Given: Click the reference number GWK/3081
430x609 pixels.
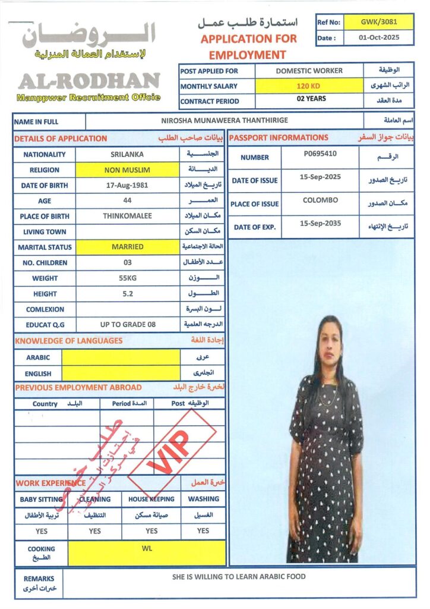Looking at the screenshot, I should point(379,22).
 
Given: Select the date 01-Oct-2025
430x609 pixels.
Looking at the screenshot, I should point(379,37).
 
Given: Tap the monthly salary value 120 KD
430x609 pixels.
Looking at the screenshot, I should point(308,86).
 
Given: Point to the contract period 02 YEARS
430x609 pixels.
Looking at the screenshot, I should point(308,99).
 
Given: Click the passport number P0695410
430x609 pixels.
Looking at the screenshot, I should point(320,153).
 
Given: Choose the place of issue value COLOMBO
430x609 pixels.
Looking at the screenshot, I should point(320,200).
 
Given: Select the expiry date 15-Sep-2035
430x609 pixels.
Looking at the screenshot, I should point(320,224).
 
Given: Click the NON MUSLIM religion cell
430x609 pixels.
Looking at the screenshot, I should point(127,170).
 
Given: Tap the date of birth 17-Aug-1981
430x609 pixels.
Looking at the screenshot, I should point(127,186).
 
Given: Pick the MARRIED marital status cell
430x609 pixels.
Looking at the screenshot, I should point(127,247).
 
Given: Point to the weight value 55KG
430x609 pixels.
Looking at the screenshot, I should point(127,278).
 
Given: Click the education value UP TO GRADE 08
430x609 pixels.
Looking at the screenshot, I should point(127,324).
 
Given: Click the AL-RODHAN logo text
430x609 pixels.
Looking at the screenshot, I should point(88,81).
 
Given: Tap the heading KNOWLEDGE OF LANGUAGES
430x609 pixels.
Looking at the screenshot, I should point(69,341).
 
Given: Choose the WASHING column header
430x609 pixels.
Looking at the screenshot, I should point(203,499).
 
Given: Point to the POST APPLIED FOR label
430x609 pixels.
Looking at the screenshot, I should point(209,71).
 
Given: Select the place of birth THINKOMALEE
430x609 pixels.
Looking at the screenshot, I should point(127,216).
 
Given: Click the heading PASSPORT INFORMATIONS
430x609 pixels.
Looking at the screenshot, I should point(279,138).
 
